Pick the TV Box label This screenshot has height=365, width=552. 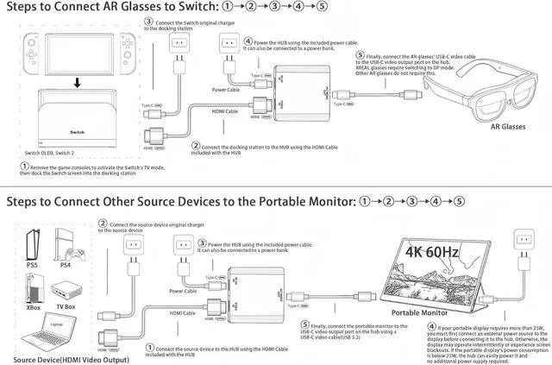pyautogui.click(x=66, y=306)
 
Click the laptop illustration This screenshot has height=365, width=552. pyautogui.click(x=36, y=335)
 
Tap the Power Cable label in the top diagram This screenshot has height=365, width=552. pyautogui.click(x=226, y=88)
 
